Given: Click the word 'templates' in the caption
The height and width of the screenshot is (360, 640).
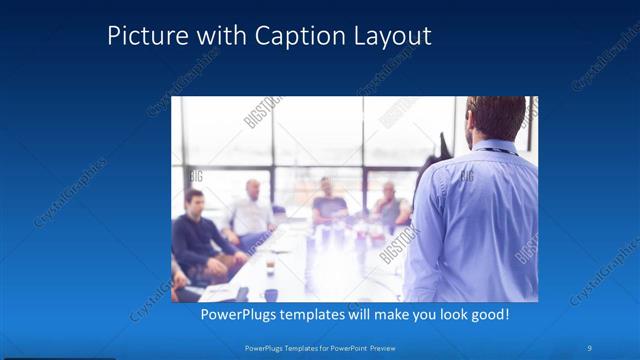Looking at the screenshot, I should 325,314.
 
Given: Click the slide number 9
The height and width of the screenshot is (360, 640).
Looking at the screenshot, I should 590,347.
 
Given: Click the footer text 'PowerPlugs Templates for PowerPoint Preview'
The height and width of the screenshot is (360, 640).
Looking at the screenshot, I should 319,347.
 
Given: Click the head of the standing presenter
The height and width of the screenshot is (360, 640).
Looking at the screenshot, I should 495,118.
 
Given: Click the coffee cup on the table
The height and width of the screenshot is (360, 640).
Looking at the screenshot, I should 270,265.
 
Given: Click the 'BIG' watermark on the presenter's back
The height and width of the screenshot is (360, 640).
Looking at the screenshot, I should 466,176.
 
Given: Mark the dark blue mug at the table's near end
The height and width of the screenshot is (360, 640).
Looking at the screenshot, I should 271,294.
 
